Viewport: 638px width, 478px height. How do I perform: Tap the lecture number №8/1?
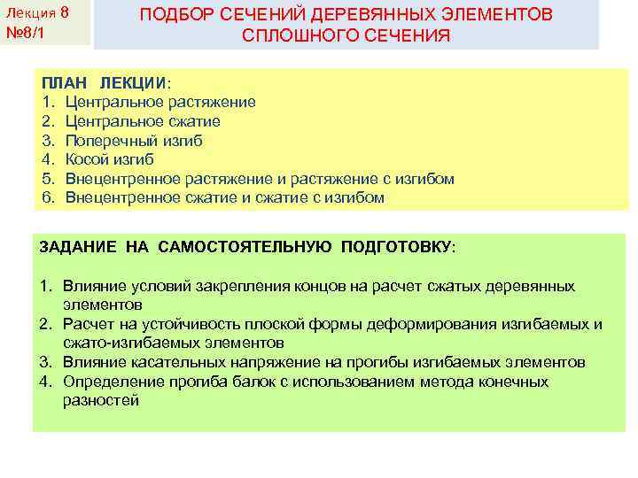pyautogui.click(x=23, y=35)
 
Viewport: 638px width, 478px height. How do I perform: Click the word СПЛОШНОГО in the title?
pyautogui.click(x=298, y=36)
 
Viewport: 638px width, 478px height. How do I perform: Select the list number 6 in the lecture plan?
pyautogui.click(x=47, y=197)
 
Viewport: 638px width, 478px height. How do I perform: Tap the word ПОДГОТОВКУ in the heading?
pyautogui.click(x=396, y=247)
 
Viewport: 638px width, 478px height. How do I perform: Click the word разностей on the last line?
pyautogui.click(x=100, y=401)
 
